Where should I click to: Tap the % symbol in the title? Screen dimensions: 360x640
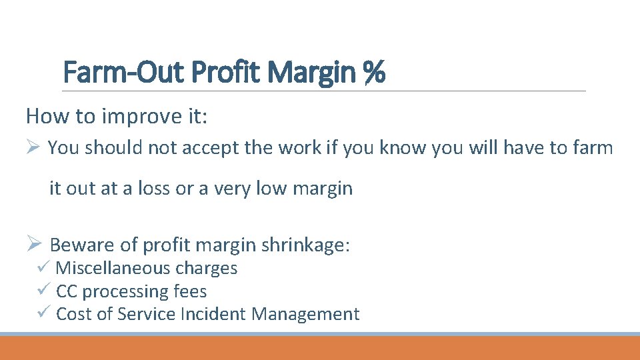click(375, 72)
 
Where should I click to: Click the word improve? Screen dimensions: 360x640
click(138, 117)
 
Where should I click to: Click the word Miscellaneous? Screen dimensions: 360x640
click(113, 268)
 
